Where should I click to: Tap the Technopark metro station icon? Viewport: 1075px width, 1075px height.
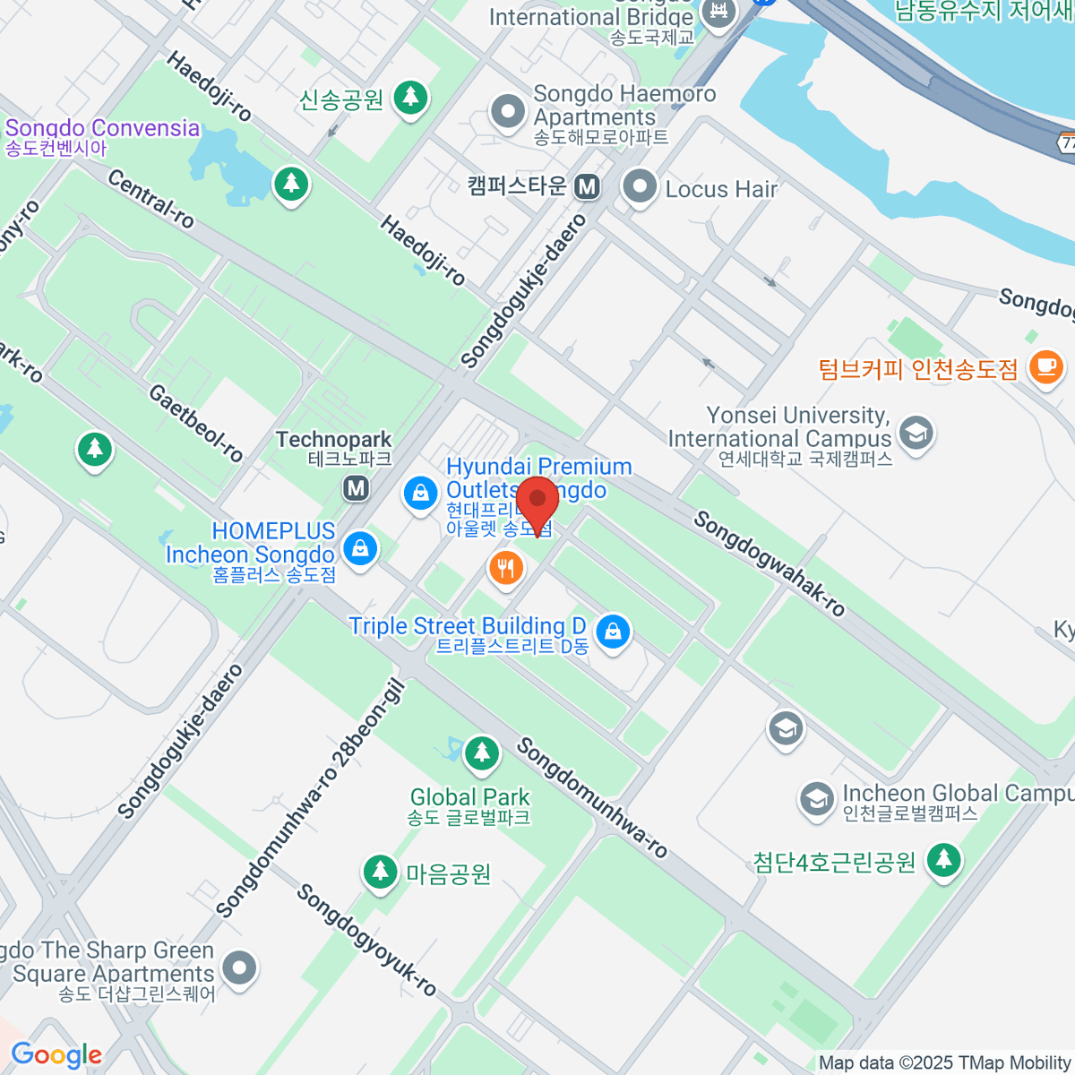pyautogui.click(x=357, y=488)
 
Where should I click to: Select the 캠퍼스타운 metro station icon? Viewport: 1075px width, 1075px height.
pyautogui.click(x=587, y=186)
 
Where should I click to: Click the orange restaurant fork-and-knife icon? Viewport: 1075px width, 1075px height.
pyautogui.click(x=506, y=567)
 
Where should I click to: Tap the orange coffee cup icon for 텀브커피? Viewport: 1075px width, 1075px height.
pyautogui.click(x=1045, y=366)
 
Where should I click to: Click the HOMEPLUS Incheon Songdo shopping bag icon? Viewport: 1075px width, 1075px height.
pyautogui.click(x=360, y=547)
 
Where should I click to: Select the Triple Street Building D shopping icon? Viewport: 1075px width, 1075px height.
pyautogui.click(x=613, y=631)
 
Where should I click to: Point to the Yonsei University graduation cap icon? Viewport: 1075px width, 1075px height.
pyautogui.click(x=916, y=433)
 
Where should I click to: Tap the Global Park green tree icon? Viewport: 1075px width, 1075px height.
pyautogui.click(x=482, y=752)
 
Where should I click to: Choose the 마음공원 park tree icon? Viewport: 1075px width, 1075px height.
pyautogui.click(x=380, y=871)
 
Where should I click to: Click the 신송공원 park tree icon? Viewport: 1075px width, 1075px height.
pyautogui.click(x=411, y=96)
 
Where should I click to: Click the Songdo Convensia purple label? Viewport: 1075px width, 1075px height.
pyautogui.click(x=102, y=128)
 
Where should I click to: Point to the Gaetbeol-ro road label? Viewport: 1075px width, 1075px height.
pyautogui.click(x=195, y=423)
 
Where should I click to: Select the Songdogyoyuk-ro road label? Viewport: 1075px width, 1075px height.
pyautogui.click(x=366, y=940)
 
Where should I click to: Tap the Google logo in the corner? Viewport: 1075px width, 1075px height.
pyautogui.click(x=56, y=1054)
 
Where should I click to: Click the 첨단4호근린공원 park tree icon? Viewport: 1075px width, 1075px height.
pyautogui.click(x=943, y=860)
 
